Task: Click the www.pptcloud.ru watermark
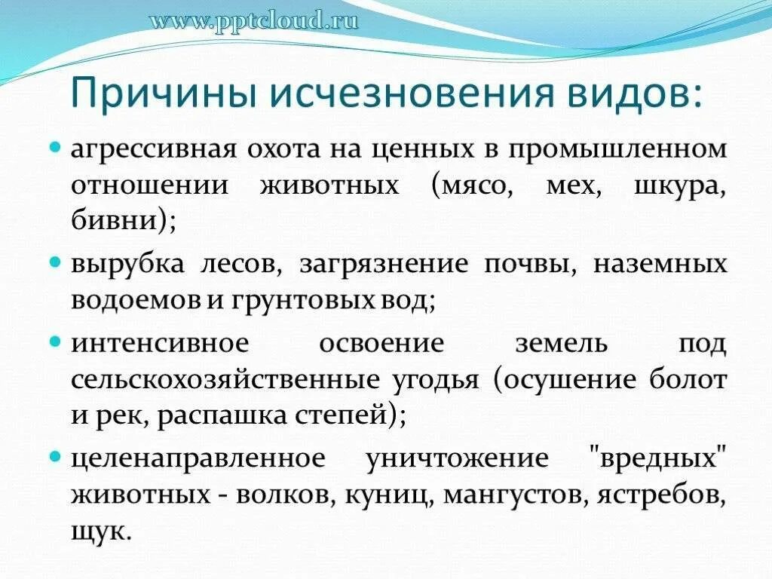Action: [x=253, y=20]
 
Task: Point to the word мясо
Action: [x=472, y=185]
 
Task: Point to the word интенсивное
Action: [x=160, y=344]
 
